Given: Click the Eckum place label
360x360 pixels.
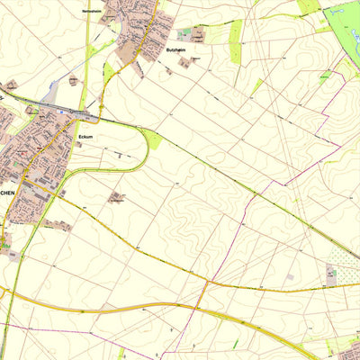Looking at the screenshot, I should pos(86,137).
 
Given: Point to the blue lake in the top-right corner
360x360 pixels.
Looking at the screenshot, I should pos(342,13).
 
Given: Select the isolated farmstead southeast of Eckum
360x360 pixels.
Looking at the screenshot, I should pos(117,197).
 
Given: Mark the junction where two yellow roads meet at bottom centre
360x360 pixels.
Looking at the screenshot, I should pos(206,283).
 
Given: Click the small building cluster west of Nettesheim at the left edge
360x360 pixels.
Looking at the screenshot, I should pos(11,85).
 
